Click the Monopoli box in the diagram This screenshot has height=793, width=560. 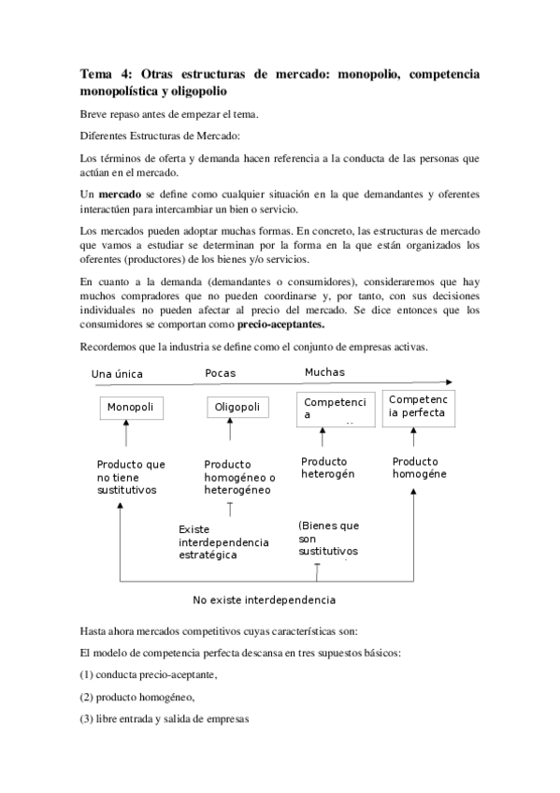(x=130, y=409)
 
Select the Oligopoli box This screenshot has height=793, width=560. (x=237, y=409)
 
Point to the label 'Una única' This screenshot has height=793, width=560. (x=119, y=374)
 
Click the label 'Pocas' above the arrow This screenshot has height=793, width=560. (x=221, y=373)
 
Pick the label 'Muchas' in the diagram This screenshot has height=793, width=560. (x=324, y=372)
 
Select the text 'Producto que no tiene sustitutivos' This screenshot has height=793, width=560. (x=131, y=476)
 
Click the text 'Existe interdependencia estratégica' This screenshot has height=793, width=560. (x=223, y=542)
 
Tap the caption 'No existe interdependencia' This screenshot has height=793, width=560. (x=265, y=599)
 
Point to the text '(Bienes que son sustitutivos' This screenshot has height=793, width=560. (x=328, y=539)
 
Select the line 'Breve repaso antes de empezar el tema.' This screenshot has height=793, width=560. (x=169, y=114)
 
